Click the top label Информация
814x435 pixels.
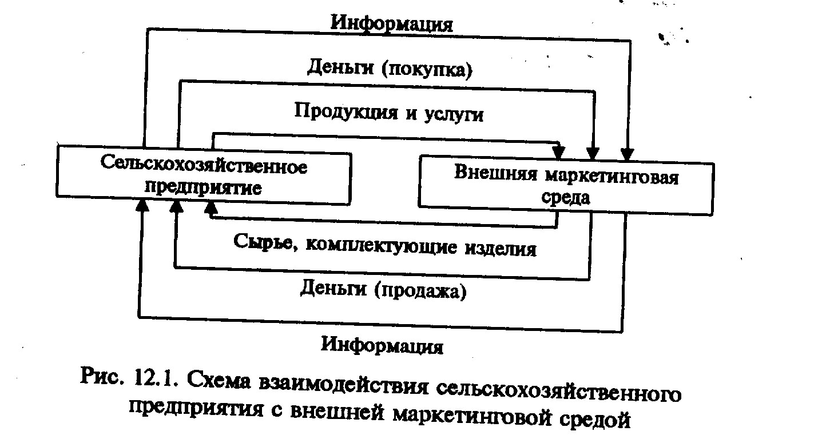[x=392, y=24]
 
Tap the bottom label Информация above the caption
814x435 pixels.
[x=382, y=345]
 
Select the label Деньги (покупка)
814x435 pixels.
[x=390, y=68]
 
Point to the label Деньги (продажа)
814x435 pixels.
[x=383, y=290]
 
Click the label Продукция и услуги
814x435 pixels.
[x=389, y=112]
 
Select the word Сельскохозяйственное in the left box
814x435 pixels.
[x=204, y=166]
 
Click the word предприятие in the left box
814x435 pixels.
[x=203, y=187]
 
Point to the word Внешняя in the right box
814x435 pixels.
[x=496, y=172]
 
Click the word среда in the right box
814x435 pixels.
[x=565, y=198]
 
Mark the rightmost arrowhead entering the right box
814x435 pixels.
[x=627, y=154]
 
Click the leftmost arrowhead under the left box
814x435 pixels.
[x=142, y=205]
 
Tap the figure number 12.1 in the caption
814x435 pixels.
[x=153, y=378]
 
